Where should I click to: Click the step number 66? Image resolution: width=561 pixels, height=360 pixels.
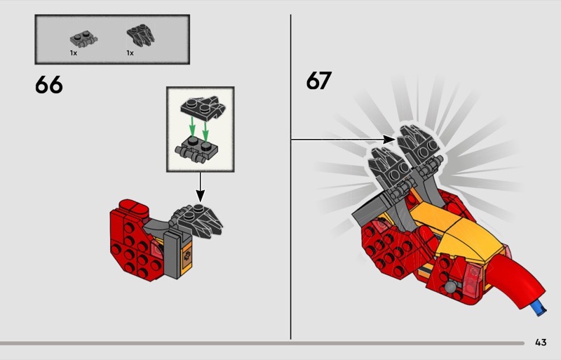tap(48, 85)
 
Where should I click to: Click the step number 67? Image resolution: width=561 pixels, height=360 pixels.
tap(318, 80)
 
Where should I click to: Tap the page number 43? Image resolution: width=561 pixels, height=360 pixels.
tap(540, 342)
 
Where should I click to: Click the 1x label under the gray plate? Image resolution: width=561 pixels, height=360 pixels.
tap(73, 53)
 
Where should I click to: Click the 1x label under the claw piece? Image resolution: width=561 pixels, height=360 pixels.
tap(130, 53)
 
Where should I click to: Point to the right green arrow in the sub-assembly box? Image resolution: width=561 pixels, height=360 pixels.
tap(205, 131)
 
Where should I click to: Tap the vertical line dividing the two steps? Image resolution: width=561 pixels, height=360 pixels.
tap(291, 246)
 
